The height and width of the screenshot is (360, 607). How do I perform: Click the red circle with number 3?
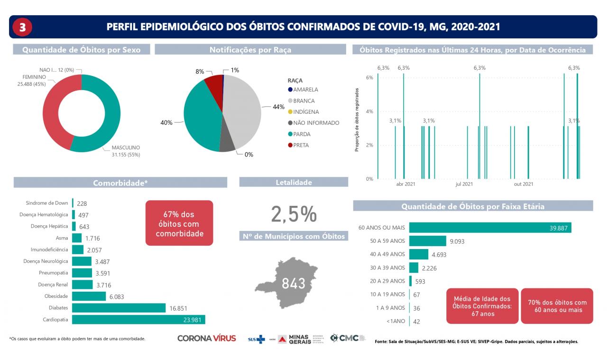[x=22, y=27]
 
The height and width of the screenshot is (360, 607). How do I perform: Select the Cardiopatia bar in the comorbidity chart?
[x=138, y=320]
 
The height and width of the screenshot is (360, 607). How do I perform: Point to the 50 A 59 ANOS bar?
[x=427, y=241]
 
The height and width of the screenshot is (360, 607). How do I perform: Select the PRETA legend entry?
[x=301, y=145]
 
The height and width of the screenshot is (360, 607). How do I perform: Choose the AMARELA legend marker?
[x=290, y=90]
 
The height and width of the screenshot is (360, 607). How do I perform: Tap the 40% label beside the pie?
[x=166, y=122]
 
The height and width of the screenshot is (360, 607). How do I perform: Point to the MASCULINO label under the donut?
[x=126, y=148]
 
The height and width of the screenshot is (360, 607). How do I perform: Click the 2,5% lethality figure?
[x=294, y=214]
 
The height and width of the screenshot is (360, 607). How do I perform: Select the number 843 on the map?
[x=294, y=284]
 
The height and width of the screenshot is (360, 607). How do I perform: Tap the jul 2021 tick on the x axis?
[x=464, y=184]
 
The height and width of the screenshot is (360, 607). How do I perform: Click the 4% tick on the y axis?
[x=369, y=111]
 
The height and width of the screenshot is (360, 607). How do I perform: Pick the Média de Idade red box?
[x=482, y=306]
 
